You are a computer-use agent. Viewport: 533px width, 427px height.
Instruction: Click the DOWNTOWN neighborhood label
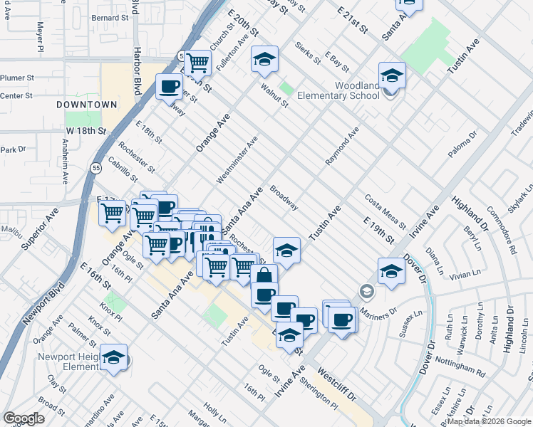point(88,105)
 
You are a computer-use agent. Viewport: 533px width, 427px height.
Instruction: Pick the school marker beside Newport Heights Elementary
point(113,358)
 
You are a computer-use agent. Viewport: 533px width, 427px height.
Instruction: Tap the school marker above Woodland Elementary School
point(392,75)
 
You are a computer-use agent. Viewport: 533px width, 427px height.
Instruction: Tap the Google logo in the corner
point(24,418)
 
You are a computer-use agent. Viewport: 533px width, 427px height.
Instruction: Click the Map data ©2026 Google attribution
point(489,421)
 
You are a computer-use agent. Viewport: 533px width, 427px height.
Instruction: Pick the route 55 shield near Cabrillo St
point(95,167)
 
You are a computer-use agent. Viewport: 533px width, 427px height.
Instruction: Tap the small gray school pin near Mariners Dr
point(366,290)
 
